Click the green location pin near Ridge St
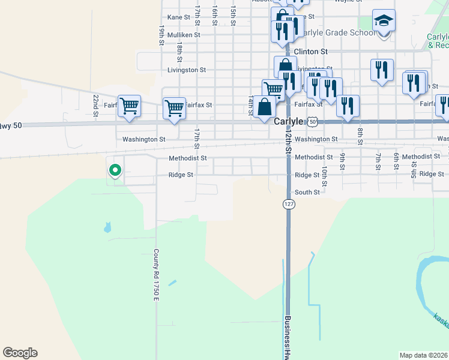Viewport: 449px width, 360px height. pos(115,170)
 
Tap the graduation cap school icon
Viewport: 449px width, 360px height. pos(384,22)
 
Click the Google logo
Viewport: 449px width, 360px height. pos(20,353)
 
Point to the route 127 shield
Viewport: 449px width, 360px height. pos(289,205)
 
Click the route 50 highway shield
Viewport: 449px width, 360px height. pos(313,121)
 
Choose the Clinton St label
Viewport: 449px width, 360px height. pos(310,52)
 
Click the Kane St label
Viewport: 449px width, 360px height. pos(179,17)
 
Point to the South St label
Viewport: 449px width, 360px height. pos(307,192)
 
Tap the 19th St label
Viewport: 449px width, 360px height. pos(161,35)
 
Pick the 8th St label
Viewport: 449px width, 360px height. pos(360,136)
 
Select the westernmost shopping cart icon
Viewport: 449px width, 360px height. pos(129,106)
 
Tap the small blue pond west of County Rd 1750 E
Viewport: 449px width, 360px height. pos(107,227)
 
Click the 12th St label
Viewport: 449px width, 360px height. pos(288,145)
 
